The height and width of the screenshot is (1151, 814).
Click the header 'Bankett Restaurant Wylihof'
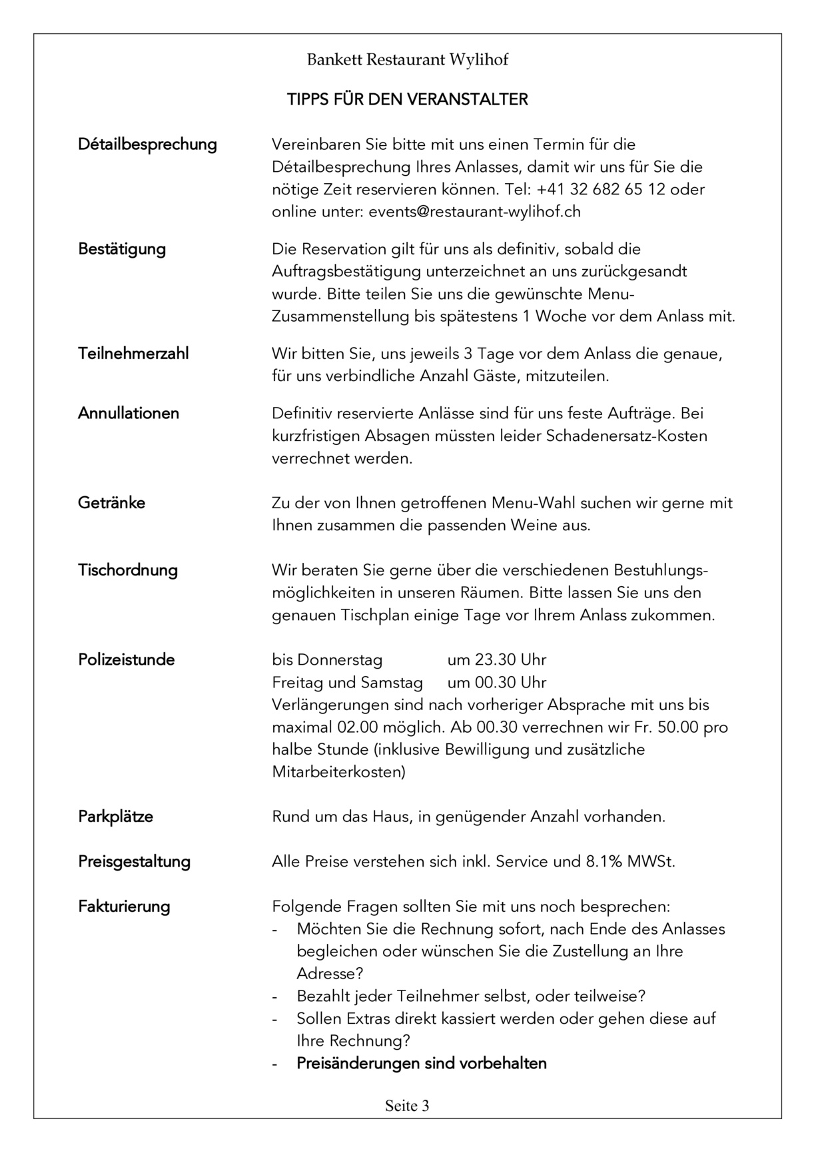pos(407,60)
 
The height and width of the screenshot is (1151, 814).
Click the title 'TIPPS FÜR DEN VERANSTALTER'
pos(407,100)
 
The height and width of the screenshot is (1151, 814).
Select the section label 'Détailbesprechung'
pos(147,145)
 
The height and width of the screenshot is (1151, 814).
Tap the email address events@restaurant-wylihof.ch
pos(474,212)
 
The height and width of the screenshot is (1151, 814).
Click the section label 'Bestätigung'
pos(122,249)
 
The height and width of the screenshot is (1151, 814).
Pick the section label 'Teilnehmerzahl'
pos(133,353)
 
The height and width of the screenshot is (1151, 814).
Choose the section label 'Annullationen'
pos(129,414)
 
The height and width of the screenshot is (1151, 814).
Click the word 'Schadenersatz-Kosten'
pos(626,436)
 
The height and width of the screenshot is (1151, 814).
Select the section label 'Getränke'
pos(111,503)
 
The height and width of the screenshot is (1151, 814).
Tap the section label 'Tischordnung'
pos(128,570)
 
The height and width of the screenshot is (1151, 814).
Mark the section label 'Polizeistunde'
pos(127,660)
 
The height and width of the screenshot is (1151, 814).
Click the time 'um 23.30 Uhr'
pos(496,660)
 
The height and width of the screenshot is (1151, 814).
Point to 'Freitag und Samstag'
pos(347,683)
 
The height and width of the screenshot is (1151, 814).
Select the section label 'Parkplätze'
pos(115,817)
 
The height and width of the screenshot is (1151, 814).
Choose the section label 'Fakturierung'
pos(124,907)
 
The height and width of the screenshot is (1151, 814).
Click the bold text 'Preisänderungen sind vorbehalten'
pos(422,1064)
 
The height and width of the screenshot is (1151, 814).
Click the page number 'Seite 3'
pos(407,1106)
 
